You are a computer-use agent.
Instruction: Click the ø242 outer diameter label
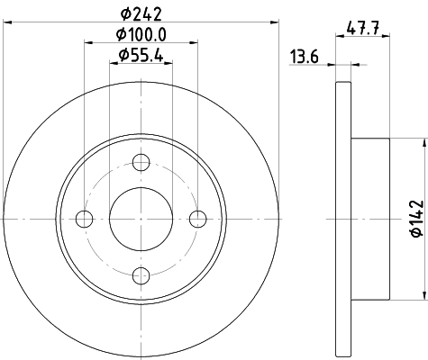[x=141, y=13]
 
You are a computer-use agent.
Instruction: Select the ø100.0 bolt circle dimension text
[x=141, y=34]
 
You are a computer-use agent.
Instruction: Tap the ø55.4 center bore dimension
[x=141, y=55]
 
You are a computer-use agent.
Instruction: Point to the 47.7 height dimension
[x=363, y=28]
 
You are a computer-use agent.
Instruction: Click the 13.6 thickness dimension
[x=305, y=57]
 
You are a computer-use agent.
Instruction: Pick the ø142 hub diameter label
[x=417, y=219]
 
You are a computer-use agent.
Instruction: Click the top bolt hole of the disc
[x=141, y=162]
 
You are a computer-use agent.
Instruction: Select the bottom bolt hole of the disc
[x=141, y=275]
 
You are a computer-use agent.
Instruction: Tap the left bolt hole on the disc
[x=84, y=219]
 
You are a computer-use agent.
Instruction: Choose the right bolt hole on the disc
[x=198, y=219]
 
